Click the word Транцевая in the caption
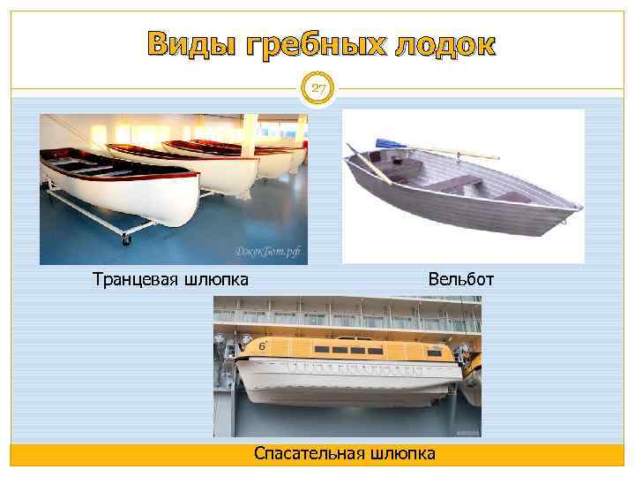(x=137, y=280)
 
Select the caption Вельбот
(x=461, y=280)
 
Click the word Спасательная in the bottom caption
(x=309, y=454)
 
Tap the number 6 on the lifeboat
(x=262, y=347)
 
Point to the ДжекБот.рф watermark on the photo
(x=267, y=251)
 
